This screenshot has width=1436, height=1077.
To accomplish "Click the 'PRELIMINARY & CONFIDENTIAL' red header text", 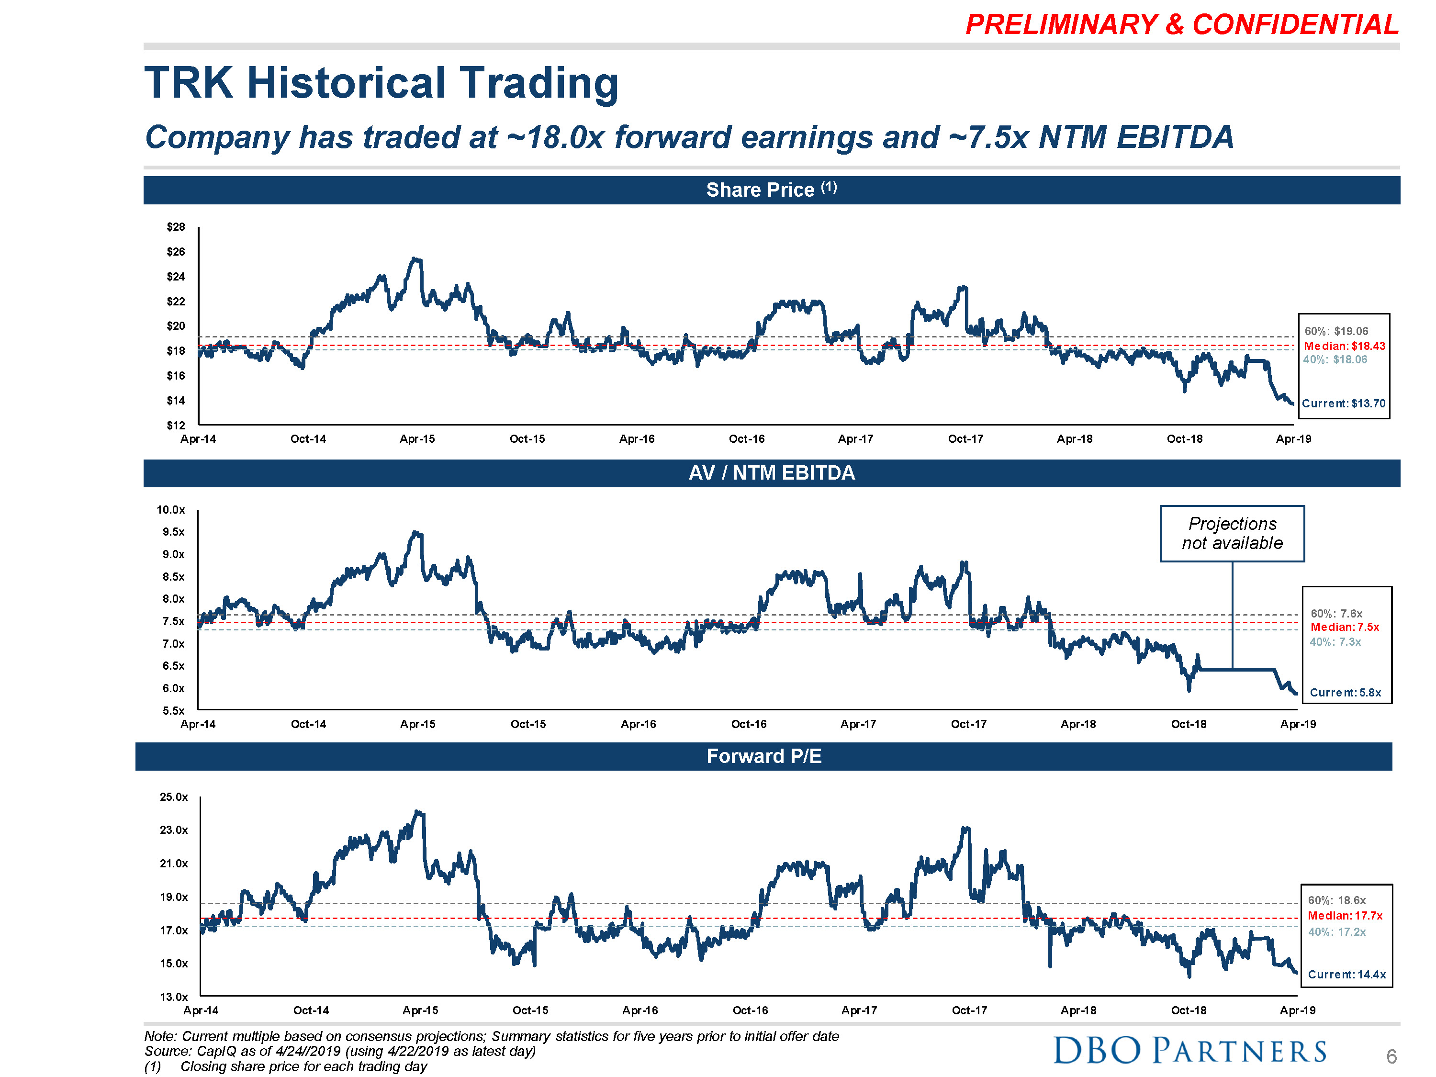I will coord(1181,25).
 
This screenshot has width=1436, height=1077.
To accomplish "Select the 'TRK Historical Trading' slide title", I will coord(381,83).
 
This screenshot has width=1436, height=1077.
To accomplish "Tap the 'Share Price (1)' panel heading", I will coord(771,190).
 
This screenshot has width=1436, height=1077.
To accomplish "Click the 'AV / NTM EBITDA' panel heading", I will coord(771,472).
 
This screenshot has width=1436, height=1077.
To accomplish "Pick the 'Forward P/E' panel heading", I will coord(763,756).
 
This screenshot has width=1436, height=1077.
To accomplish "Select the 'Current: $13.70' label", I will coord(1343,403).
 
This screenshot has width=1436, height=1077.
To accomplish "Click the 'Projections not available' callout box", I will coord(1232,533).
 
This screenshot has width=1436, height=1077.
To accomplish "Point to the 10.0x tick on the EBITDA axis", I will coord(171,510).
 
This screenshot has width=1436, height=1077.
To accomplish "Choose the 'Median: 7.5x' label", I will coord(1345,627).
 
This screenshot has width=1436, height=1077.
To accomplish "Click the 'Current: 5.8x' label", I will coord(1345,693).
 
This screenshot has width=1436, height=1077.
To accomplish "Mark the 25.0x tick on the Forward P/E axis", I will coord(173,797).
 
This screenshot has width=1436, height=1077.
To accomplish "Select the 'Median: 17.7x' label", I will coord(1345,915).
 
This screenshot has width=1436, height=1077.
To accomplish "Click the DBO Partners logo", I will coord(1189,1050).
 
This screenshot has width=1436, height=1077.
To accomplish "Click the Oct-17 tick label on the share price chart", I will coord(965,439).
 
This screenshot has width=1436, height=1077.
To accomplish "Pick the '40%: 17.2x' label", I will coord(1336,931).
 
